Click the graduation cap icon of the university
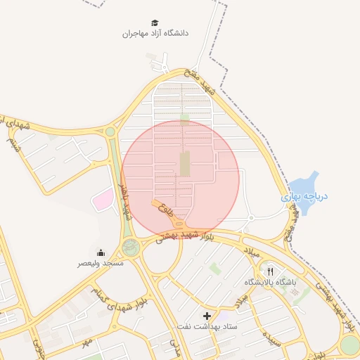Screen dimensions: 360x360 point(155,22)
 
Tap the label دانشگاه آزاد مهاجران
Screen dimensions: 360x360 point(155,33)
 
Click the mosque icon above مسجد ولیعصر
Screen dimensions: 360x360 point(101,253)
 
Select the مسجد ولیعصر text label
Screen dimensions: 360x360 point(101,263)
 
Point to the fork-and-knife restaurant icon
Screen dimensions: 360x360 point(271,271)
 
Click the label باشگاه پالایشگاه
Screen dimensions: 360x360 point(271,282)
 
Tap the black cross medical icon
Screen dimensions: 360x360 point(207,316)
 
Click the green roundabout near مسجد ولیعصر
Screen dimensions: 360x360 point(130,247)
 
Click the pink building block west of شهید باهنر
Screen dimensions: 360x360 point(103,200)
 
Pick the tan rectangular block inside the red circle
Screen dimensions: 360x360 point(185,164)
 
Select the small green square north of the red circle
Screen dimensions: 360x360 point(184,118)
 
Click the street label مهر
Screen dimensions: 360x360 point(86,342)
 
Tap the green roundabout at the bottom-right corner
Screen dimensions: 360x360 point(349,345)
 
